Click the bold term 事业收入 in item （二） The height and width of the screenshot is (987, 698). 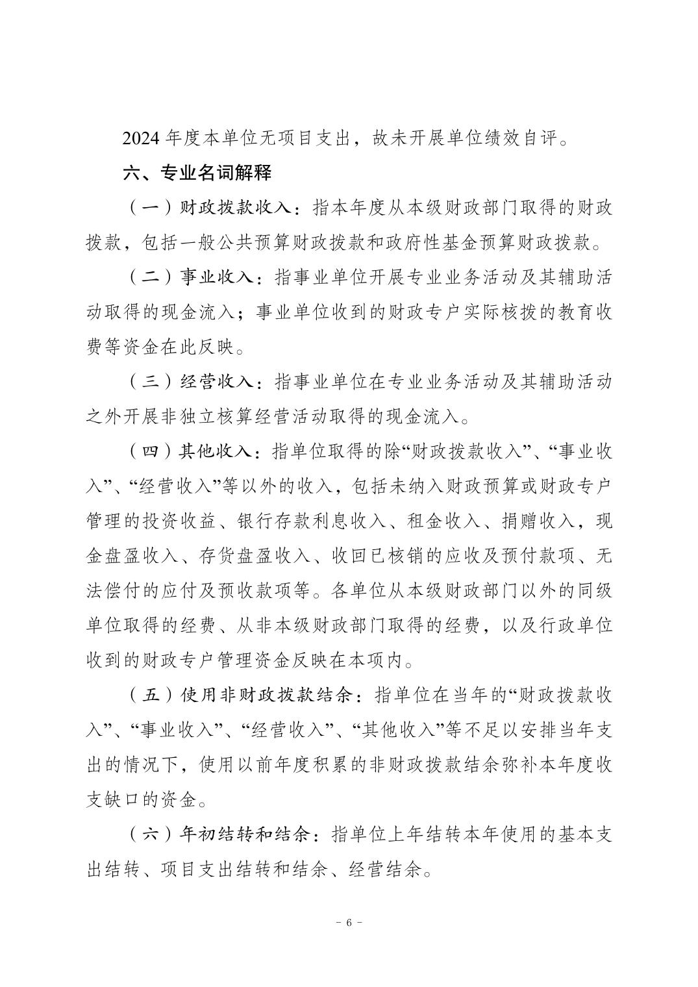tap(217, 278)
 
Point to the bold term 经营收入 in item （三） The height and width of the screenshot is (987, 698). tap(217, 382)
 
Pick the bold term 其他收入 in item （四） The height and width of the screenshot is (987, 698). tap(217, 452)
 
